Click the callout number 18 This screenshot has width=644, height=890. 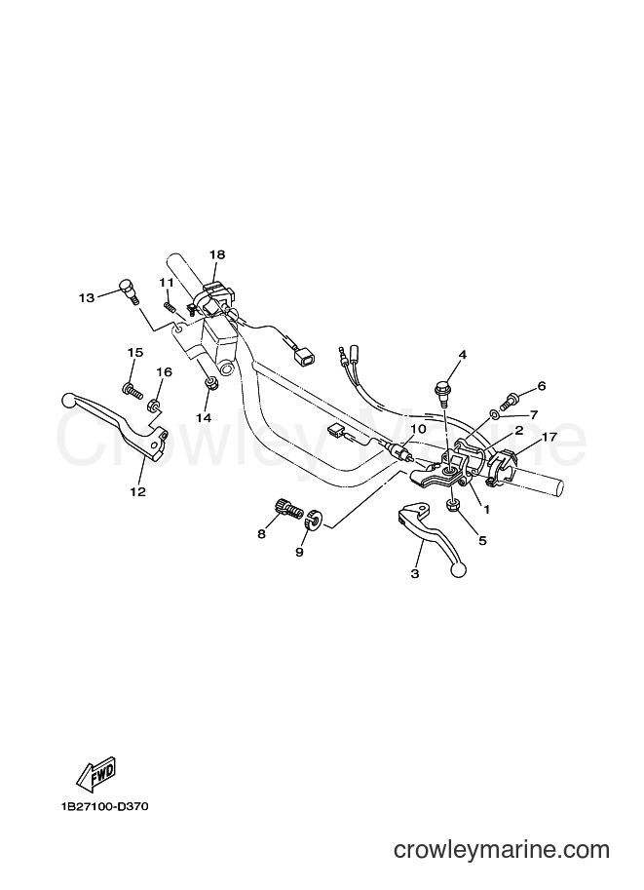(x=216, y=254)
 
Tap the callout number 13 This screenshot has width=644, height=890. (x=87, y=297)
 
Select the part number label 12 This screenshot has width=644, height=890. (x=138, y=491)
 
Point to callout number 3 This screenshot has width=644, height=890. (x=415, y=574)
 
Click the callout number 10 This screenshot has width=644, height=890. (x=418, y=429)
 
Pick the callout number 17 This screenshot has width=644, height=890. (x=549, y=437)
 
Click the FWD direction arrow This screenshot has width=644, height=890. (x=96, y=774)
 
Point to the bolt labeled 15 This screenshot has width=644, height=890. (x=132, y=390)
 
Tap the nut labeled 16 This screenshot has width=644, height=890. (x=153, y=406)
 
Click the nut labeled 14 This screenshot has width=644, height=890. (x=209, y=384)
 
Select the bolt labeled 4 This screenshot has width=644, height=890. (x=441, y=393)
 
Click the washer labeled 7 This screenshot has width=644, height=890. (x=495, y=416)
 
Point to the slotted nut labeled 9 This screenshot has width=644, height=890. (x=314, y=520)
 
